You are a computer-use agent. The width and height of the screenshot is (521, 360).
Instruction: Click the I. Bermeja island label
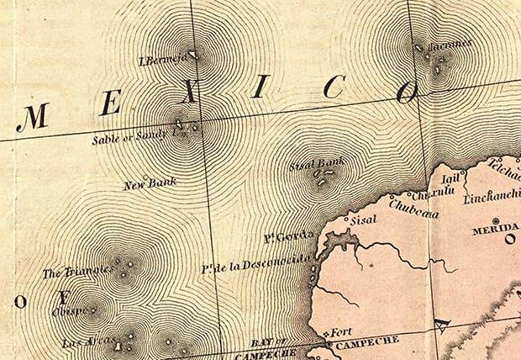(x=161, y=59)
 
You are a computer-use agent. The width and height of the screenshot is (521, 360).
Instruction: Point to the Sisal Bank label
(x=317, y=165)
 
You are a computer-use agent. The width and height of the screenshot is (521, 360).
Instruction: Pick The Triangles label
(x=77, y=272)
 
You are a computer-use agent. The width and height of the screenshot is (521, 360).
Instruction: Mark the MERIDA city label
(x=495, y=230)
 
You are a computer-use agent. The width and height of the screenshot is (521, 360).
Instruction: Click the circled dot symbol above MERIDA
(x=495, y=220)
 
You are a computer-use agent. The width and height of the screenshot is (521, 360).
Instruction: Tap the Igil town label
(x=450, y=178)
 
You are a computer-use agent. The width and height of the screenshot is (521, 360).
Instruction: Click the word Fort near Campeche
(x=341, y=332)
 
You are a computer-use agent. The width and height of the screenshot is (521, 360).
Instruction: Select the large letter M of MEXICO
(x=32, y=117)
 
